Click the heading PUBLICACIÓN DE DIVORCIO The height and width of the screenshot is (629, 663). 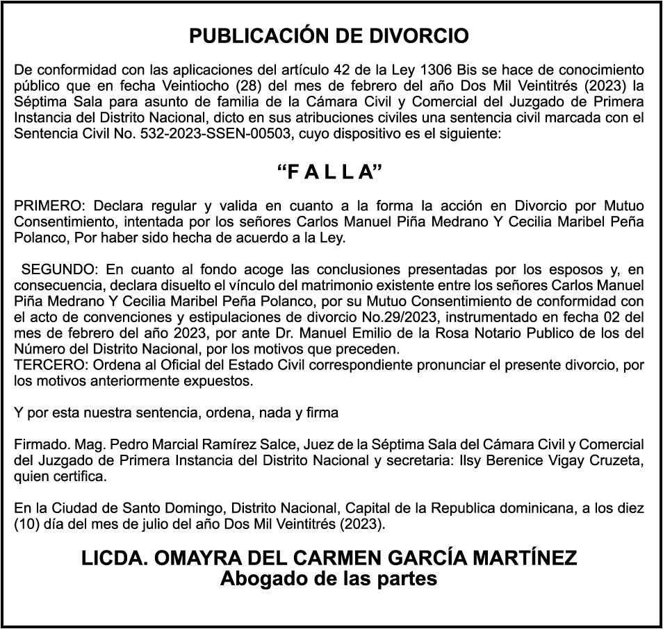click(329, 36)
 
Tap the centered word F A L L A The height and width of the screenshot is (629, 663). click(331, 173)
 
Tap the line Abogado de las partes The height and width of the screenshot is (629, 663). click(329, 578)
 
